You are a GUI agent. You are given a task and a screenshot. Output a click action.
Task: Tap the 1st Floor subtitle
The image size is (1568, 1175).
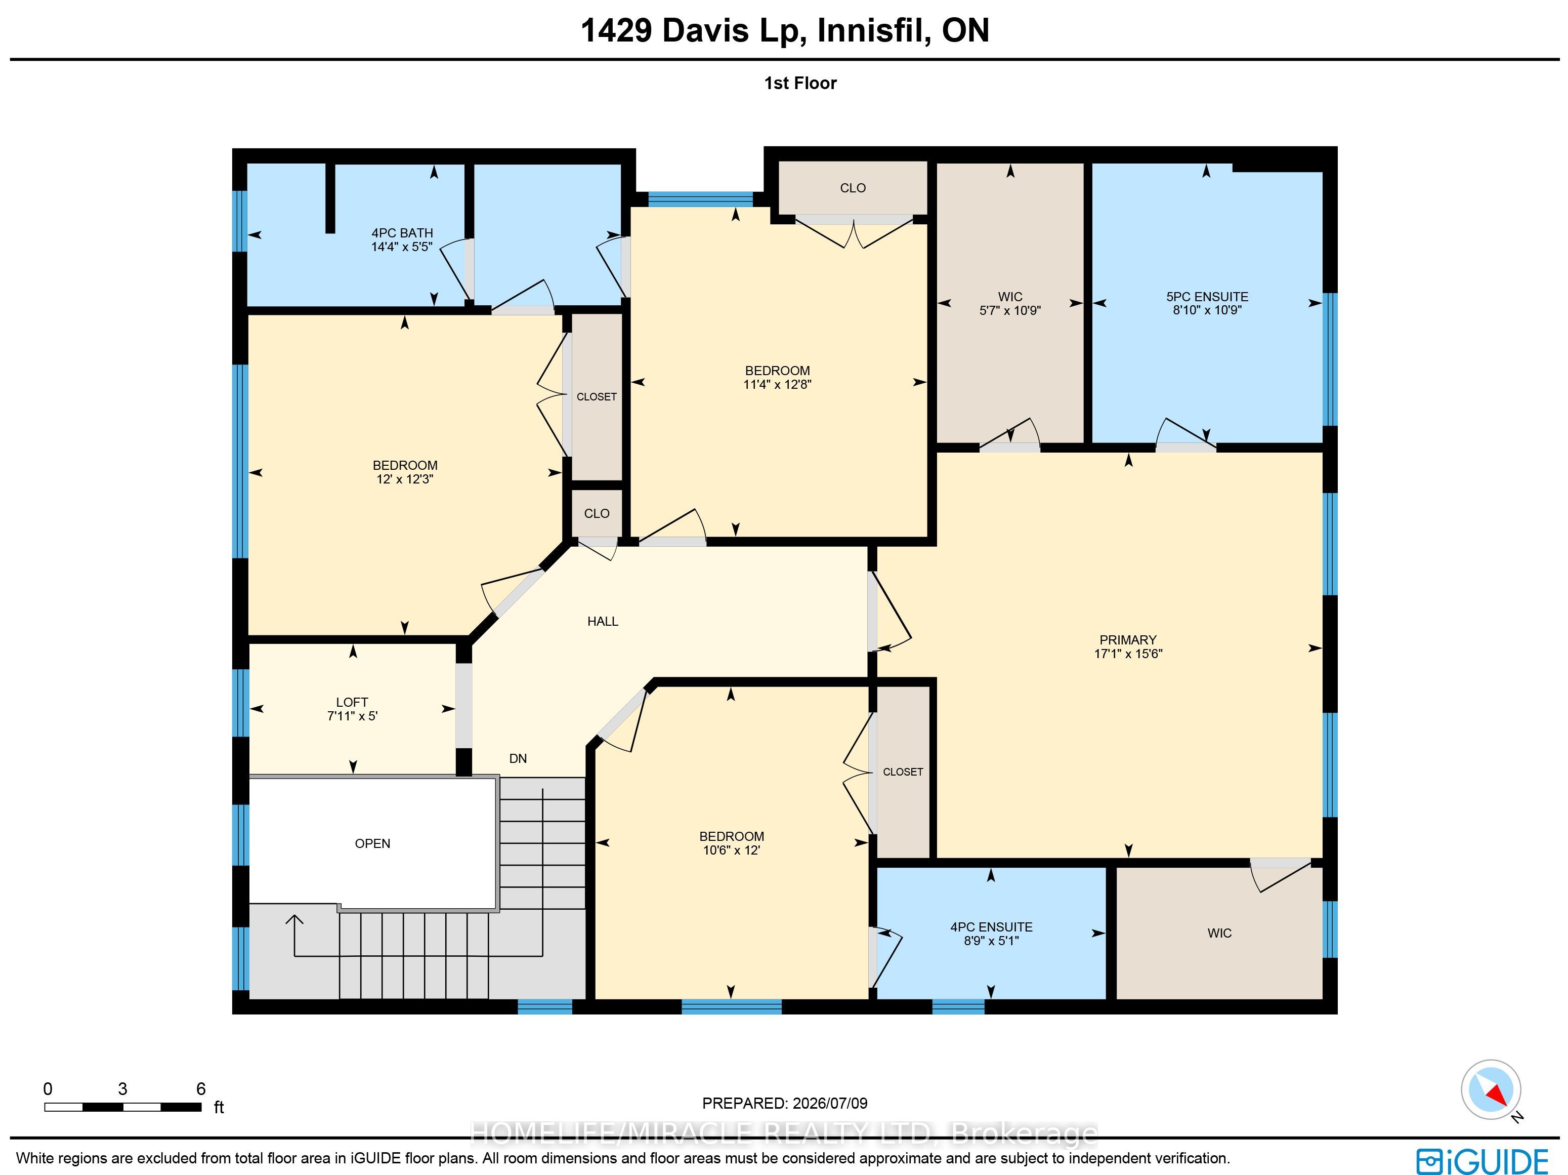(x=800, y=83)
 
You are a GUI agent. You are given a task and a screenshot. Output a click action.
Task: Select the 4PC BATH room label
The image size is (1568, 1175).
(x=402, y=232)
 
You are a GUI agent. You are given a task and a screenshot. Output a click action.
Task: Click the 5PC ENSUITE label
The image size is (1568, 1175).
(x=1207, y=297)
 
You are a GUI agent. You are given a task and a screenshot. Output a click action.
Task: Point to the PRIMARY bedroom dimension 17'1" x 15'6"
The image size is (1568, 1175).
(x=1128, y=654)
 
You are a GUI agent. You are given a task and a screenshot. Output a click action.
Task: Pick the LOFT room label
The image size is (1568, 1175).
(x=352, y=702)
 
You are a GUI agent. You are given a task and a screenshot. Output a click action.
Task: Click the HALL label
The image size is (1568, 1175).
(x=603, y=621)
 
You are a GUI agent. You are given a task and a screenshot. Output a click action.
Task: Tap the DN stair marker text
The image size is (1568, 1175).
(x=518, y=758)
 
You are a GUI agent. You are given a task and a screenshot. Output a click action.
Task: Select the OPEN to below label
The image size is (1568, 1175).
(x=372, y=843)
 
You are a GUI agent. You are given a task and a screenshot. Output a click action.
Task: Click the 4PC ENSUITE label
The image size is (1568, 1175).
(x=991, y=927)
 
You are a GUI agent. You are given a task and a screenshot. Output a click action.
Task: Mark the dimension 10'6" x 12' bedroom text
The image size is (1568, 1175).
(x=732, y=850)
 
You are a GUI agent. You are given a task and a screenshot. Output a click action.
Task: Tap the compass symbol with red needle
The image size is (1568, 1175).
(x=1491, y=1090)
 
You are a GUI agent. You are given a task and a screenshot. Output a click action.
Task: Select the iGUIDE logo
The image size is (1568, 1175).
(x=1482, y=1161)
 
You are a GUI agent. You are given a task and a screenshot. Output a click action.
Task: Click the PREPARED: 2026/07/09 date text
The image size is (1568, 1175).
(x=785, y=1104)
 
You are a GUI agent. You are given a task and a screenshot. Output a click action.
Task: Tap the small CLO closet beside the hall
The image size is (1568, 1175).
(x=597, y=513)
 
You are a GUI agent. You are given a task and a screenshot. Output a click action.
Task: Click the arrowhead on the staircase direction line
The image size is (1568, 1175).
(x=294, y=920)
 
